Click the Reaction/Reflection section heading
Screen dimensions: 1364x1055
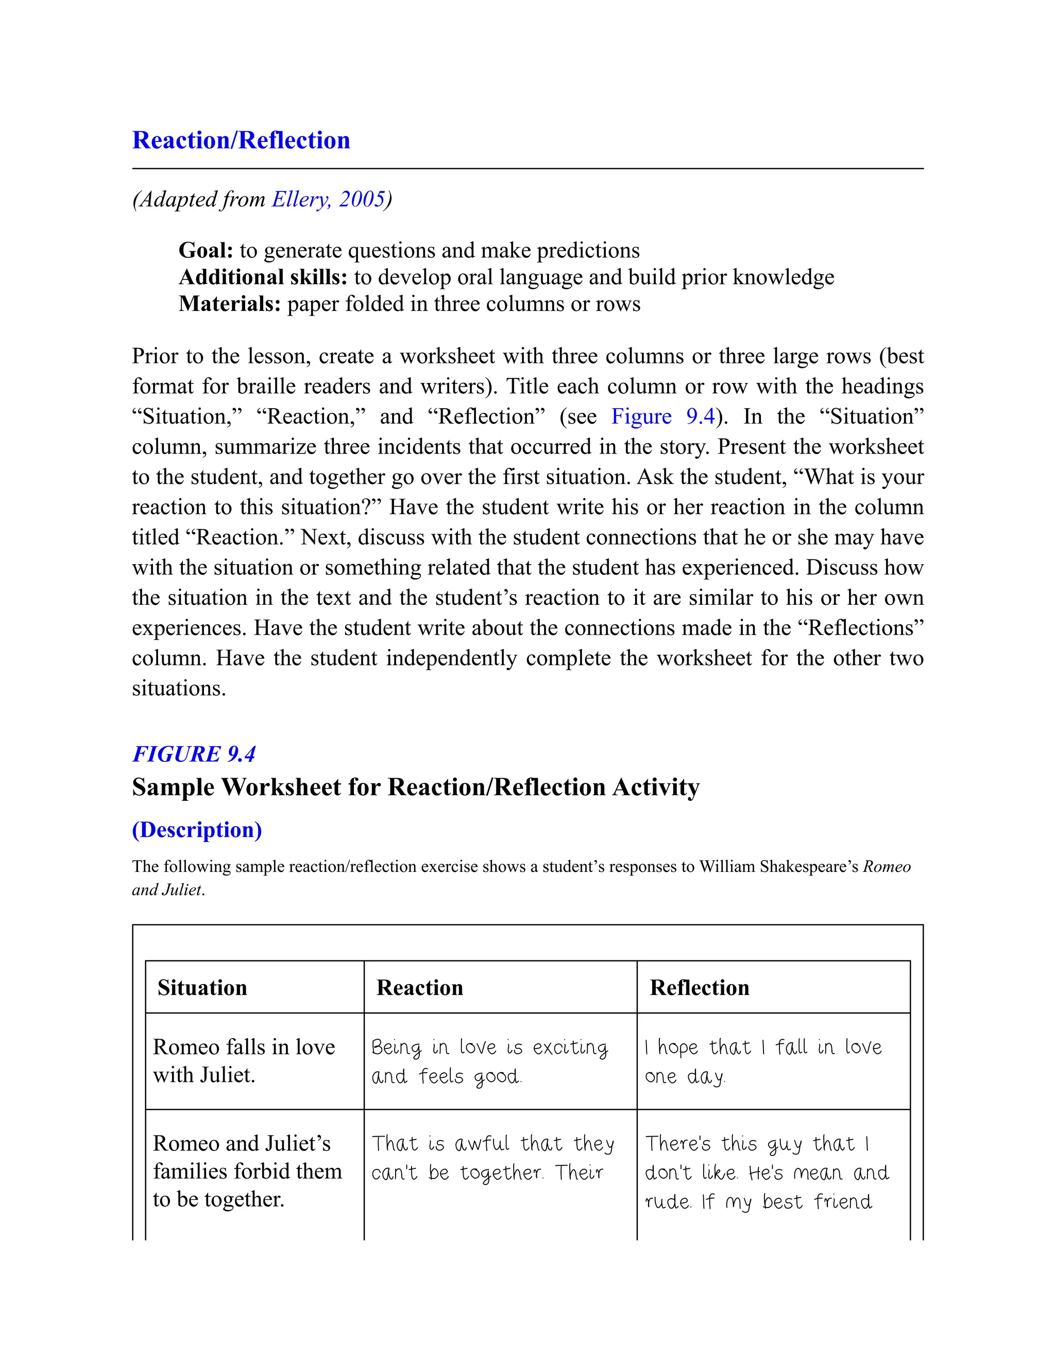241,141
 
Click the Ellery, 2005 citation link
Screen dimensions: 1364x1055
328,199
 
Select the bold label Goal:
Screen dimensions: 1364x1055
206,251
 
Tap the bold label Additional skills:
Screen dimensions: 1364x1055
263,277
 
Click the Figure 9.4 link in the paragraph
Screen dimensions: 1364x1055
662,416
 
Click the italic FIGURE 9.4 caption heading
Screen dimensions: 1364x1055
194,755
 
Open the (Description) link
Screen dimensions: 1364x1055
197,830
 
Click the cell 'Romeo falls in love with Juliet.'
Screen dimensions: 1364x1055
244,1060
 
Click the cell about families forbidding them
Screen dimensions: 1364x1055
247,1171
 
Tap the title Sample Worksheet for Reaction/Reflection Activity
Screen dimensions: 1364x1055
416,788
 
